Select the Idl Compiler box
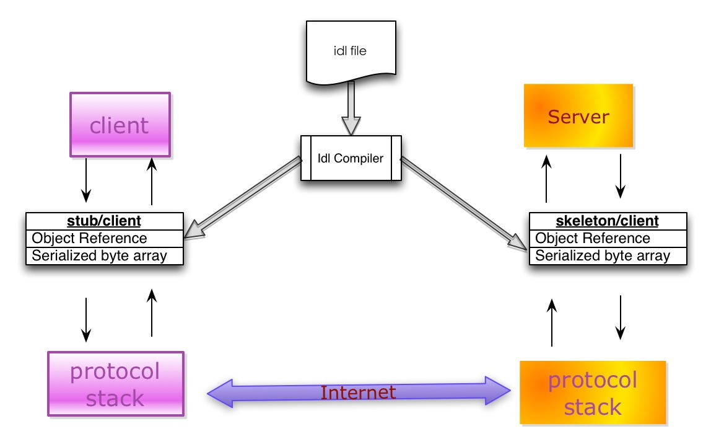[x=351, y=158]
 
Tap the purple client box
[x=120, y=125]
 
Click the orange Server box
[x=578, y=116]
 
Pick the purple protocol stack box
[x=116, y=384]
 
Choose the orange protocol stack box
[x=593, y=392]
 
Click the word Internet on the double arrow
[x=358, y=392]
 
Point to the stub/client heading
[x=104, y=221]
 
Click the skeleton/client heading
[x=607, y=221]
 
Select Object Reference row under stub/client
[x=105, y=238]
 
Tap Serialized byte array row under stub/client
[x=105, y=256]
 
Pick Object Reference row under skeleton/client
[x=608, y=238]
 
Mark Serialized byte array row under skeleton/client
[x=608, y=256]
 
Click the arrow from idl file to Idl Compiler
[x=351, y=109]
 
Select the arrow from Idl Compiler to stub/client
[x=243, y=197]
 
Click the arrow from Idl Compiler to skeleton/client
[x=463, y=203]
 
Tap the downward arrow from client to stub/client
[x=85, y=180]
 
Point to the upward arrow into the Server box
[x=546, y=179]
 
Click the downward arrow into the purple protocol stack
[x=85, y=319]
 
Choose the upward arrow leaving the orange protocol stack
[x=552, y=322]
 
